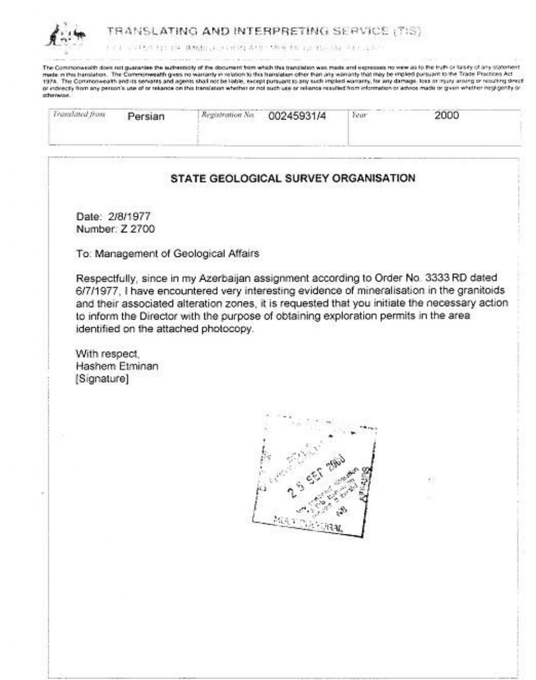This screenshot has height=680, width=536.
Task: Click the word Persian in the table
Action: tap(146, 116)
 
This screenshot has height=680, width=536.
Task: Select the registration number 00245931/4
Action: tap(296, 116)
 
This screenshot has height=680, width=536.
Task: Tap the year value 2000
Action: tap(446, 115)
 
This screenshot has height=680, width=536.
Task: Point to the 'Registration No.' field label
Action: tap(227, 115)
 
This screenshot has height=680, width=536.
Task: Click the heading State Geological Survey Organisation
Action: tap(293, 178)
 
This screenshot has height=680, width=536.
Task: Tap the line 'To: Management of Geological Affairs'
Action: tap(168, 254)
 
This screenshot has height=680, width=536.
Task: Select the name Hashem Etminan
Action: tap(117, 367)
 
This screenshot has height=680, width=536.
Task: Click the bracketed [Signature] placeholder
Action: tap(102, 380)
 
